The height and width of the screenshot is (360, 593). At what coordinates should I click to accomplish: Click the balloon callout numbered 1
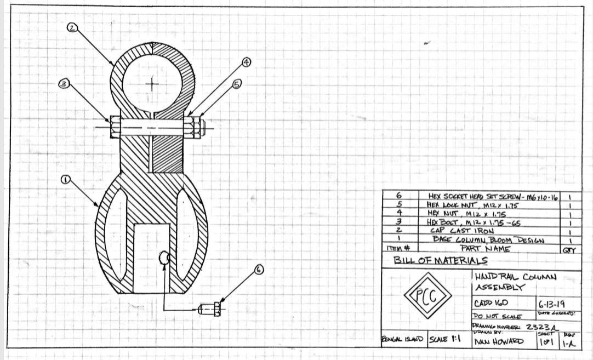(x=65, y=180)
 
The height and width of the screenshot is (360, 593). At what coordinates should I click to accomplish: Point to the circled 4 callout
(x=247, y=62)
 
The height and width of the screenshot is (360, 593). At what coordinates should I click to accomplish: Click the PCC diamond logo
(x=427, y=296)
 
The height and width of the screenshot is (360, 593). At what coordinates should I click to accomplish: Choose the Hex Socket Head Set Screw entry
(x=491, y=196)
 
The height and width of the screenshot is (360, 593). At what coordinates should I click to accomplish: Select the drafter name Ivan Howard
(x=499, y=342)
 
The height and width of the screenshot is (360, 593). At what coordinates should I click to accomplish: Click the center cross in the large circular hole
(x=152, y=84)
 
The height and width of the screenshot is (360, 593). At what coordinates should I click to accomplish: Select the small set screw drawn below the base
(x=210, y=309)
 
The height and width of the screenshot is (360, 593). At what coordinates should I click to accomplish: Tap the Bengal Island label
(x=402, y=340)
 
